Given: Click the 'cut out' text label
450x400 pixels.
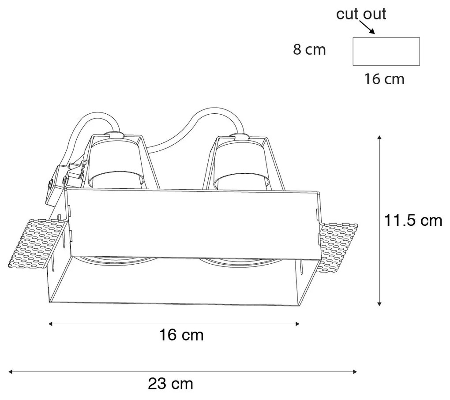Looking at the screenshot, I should (x=361, y=14).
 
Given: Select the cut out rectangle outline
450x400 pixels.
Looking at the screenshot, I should (x=386, y=52).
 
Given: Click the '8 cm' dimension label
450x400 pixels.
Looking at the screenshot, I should (x=309, y=50).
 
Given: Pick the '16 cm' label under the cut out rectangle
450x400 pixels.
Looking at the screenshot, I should (x=384, y=79).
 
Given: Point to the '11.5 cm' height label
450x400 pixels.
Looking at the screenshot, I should (x=412, y=221).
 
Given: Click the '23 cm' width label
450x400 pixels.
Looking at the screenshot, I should (x=170, y=384).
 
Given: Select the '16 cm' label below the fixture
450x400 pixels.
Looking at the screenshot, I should (x=181, y=336).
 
